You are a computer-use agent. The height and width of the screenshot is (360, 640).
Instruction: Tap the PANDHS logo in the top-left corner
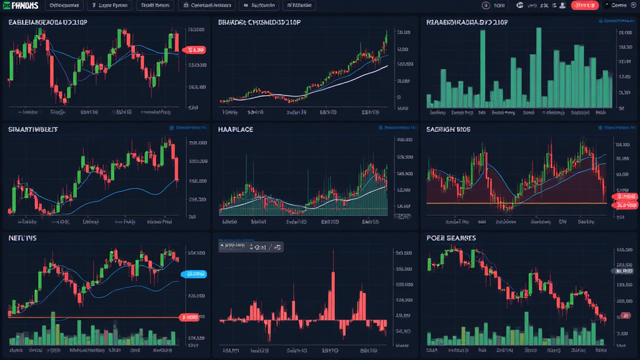(x=21, y=6)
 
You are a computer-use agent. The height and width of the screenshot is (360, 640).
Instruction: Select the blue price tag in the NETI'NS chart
(x=193, y=274)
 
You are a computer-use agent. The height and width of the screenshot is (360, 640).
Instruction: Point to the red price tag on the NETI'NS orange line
(x=189, y=317)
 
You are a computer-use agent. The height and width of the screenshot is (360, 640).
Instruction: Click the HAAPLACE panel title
(x=236, y=129)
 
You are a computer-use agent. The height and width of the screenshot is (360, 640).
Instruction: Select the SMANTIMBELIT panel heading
(x=33, y=129)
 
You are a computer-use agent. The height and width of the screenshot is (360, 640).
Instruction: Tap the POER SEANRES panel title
(x=451, y=238)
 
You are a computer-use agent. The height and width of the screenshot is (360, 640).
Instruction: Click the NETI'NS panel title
(x=23, y=238)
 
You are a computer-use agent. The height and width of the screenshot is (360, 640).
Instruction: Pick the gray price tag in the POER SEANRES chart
(x=623, y=271)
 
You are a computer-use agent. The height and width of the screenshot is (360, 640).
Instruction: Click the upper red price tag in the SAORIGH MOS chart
(x=625, y=197)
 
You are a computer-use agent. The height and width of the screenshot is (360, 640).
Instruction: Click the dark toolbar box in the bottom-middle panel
(x=251, y=247)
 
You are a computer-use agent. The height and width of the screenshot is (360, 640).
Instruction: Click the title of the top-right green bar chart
(x=466, y=22)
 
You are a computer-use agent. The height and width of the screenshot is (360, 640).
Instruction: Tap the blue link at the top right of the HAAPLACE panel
(x=397, y=127)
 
